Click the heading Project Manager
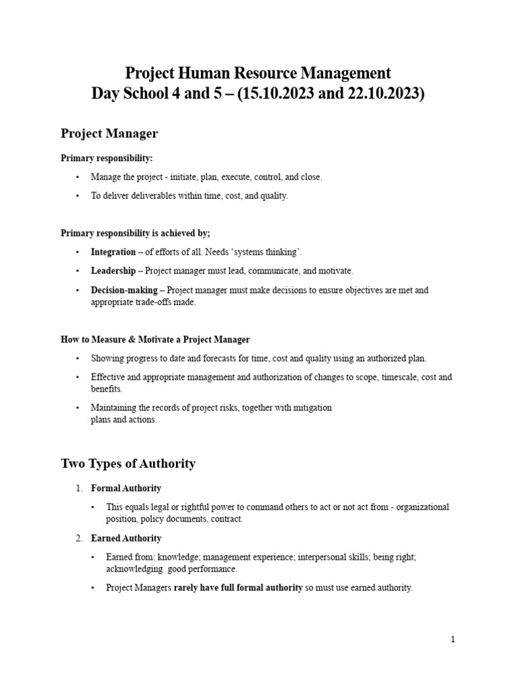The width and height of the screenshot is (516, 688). pos(109,134)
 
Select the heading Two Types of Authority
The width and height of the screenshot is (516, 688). pos(128,464)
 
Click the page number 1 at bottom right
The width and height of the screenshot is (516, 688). pos(453,640)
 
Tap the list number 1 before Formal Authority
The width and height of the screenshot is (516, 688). pos(78,488)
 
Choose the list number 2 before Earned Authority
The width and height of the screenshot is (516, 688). pos(78,539)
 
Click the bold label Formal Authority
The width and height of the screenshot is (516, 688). pos(126,488)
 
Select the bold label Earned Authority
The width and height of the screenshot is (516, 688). pos(126,539)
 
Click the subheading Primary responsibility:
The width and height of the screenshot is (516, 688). pos(106,159)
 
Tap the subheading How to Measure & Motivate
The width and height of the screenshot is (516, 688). pos(155,339)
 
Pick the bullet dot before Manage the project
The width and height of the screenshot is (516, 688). pos(78,177)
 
